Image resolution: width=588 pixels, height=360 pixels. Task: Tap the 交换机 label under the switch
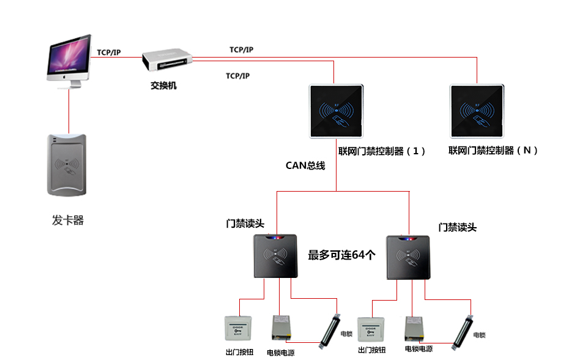(x=163, y=86)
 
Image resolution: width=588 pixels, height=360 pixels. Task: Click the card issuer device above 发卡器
(x=67, y=165)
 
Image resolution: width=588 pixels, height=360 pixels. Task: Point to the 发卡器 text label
(x=67, y=220)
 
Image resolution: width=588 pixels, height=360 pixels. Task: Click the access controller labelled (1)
(x=337, y=111)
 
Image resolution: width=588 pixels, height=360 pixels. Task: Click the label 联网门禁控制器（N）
(x=493, y=151)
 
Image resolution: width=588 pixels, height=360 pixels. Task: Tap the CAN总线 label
(x=305, y=165)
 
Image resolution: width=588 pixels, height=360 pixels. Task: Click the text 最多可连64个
(x=341, y=255)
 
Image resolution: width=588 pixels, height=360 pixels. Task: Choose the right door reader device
(x=411, y=256)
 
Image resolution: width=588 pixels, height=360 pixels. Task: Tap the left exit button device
(x=238, y=331)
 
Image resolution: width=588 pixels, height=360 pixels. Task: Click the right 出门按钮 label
(x=371, y=350)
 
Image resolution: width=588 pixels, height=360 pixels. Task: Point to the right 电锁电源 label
(x=419, y=349)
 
